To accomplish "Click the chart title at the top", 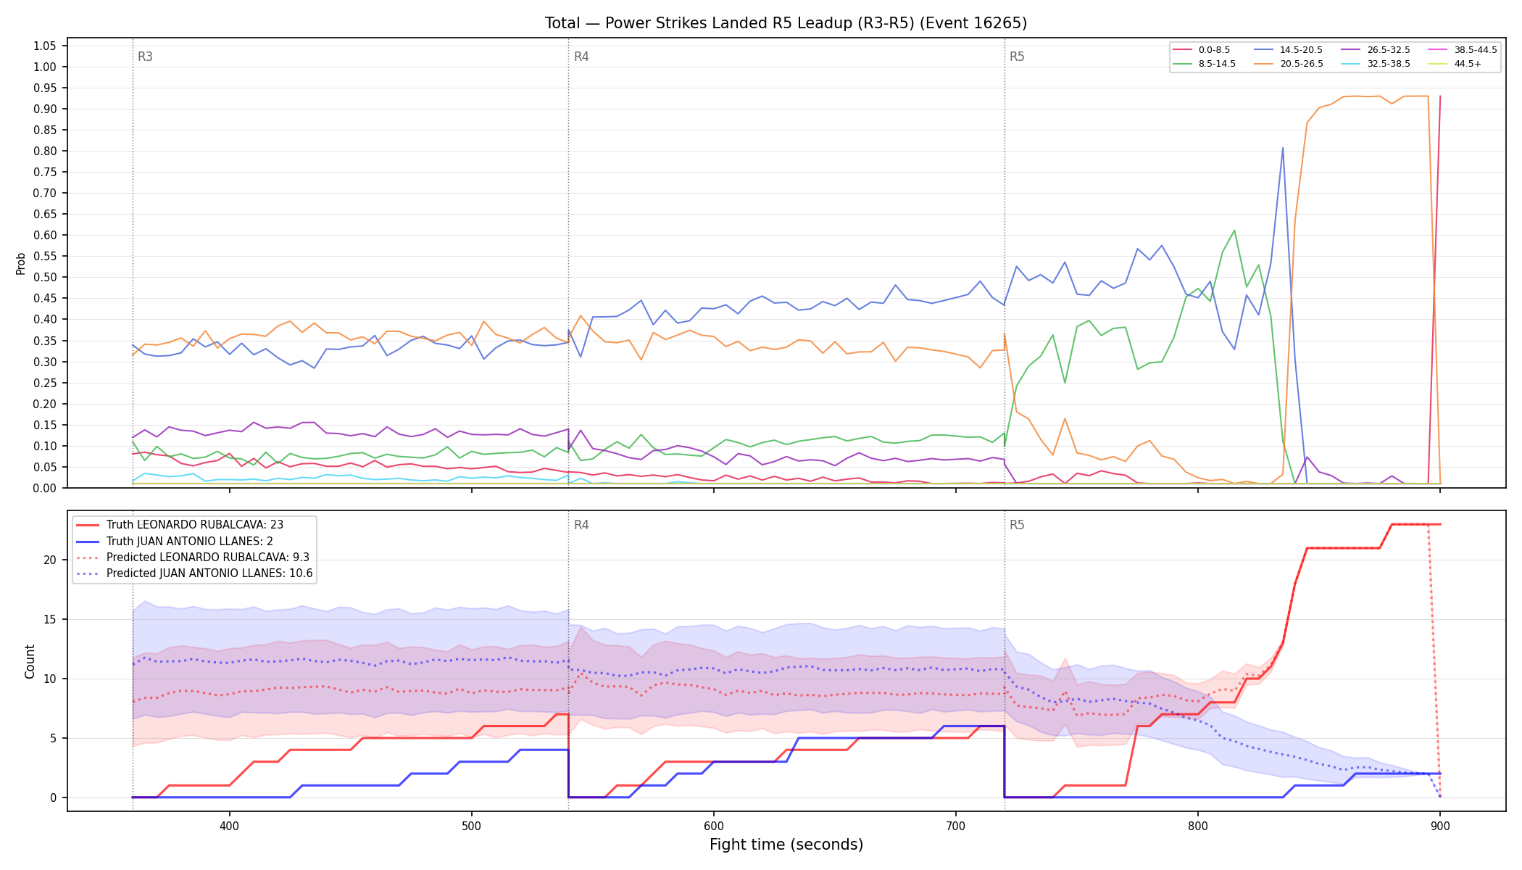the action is coord(786,23).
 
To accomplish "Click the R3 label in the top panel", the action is coord(145,57).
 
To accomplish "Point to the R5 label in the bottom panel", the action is coord(1017,525).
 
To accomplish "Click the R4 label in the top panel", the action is coord(581,57).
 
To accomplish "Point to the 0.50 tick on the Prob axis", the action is coord(45,277).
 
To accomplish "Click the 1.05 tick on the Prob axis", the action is coord(45,46).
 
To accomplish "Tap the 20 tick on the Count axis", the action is coord(50,560).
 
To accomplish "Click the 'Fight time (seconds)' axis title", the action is coord(786,845).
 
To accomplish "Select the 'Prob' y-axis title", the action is coord(21,263).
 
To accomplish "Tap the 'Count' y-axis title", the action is coord(30,661).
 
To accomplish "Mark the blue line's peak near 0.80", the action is coord(1283,148).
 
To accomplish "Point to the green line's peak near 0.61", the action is coord(1234,231).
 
